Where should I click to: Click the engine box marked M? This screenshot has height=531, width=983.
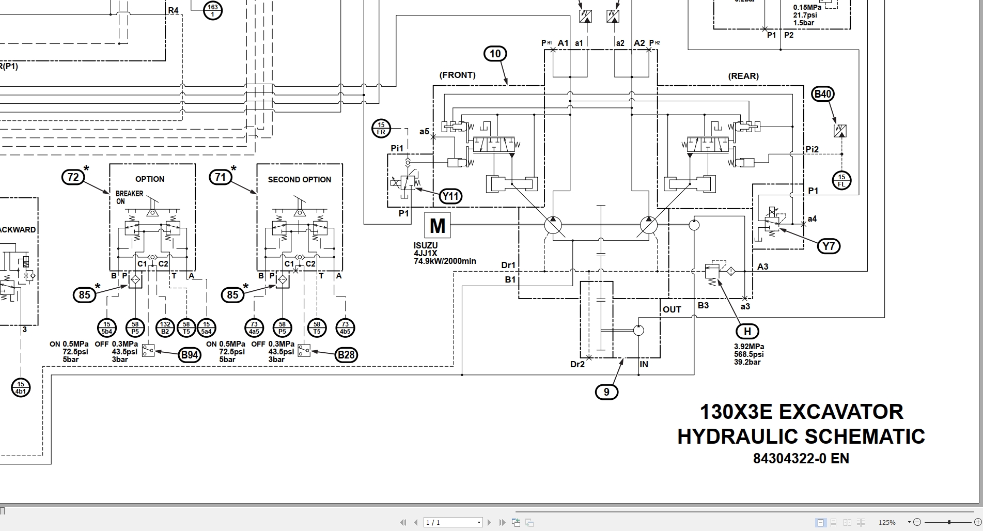click(438, 226)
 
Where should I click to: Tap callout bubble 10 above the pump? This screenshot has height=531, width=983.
click(495, 54)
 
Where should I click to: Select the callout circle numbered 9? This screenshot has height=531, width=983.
click(606, 392)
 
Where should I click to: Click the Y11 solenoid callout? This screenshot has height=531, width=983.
click(450, 196)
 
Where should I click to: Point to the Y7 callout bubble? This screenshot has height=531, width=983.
click(829, 246)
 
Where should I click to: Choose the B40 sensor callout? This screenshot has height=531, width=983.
click(823, 94)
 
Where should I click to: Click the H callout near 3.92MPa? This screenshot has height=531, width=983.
click(747, 332)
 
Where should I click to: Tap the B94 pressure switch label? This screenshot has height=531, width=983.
click(190, 355)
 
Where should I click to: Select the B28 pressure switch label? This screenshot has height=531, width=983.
click(346, 355)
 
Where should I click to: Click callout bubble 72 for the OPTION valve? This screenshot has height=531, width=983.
click(73, 177)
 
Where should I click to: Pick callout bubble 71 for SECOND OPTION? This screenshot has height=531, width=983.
click(221, 177)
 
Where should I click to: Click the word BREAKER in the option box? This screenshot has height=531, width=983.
click(130, 194)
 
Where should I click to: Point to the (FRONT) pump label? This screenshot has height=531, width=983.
click(457, 75)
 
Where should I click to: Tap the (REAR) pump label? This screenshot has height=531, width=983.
click(743, 76)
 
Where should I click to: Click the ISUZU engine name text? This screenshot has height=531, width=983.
click(426, 246)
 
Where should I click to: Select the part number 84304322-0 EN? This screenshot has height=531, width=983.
click(801, 458)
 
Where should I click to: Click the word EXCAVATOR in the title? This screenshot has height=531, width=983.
click(841, 412)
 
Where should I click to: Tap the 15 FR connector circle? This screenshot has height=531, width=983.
click(381, 129)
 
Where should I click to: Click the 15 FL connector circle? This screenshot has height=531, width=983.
click(841, 181)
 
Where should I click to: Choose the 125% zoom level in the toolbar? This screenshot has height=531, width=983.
click(887, 523)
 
